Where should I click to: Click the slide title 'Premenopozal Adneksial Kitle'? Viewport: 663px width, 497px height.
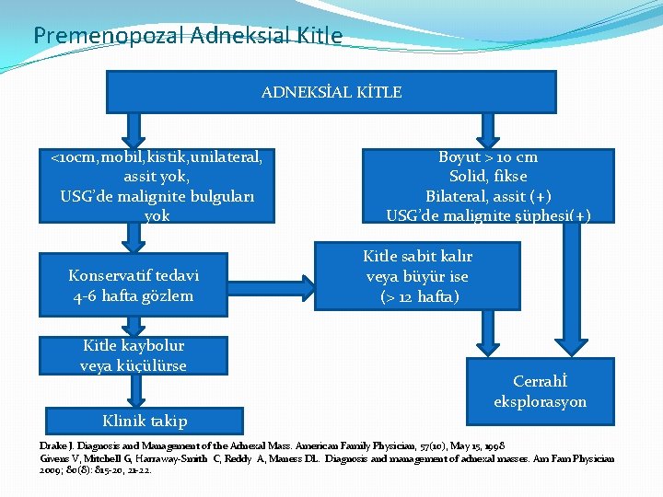click(x=188, y=36)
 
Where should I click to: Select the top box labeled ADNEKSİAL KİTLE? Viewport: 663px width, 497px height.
click(x=331, y=92)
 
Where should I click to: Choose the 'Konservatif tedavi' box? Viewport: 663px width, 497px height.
click(x=134, y=285)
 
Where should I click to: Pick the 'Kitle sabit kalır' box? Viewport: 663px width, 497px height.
click(x=417, y=275)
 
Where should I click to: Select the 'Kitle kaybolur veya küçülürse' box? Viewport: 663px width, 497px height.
click(x=134, y=356)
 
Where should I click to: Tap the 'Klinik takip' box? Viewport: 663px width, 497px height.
click(x=145, y=421)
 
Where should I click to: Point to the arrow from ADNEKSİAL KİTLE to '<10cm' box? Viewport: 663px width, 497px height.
click(x=135, y=130)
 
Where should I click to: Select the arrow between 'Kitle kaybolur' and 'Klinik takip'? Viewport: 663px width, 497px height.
click(x=135, y=390)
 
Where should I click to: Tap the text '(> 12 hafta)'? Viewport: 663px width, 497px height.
click(x=418, y=296)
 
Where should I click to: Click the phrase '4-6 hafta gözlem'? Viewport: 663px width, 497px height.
click(x=134, y=295)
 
